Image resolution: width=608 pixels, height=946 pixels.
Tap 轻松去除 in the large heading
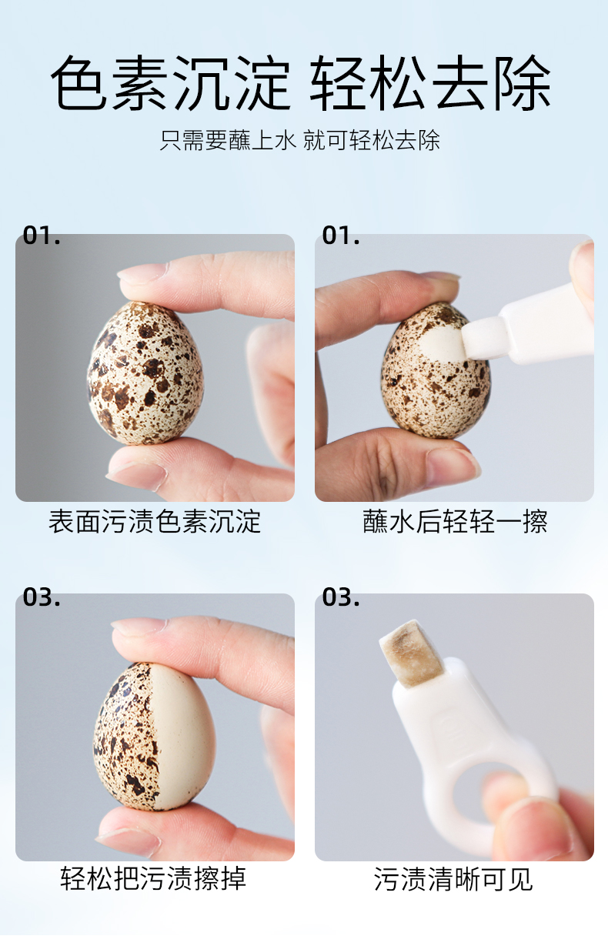(430, 82)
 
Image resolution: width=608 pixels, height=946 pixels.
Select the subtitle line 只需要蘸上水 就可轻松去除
(300, 140)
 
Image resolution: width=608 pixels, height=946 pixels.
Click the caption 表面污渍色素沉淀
(155, 522)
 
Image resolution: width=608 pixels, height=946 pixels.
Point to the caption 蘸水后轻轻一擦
(455, 522)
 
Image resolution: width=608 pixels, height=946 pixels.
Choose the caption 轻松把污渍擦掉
(153, 878)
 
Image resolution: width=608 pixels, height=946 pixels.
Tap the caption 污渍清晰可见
(453, 879)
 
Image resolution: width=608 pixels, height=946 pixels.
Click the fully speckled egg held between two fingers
(145, 373)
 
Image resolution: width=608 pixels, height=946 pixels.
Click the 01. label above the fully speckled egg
(42, 236)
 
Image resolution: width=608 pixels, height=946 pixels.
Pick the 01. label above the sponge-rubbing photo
(341, 236)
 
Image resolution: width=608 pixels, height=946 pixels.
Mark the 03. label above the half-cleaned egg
(42, 597)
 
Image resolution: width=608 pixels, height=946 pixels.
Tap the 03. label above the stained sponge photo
(341, 597)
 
